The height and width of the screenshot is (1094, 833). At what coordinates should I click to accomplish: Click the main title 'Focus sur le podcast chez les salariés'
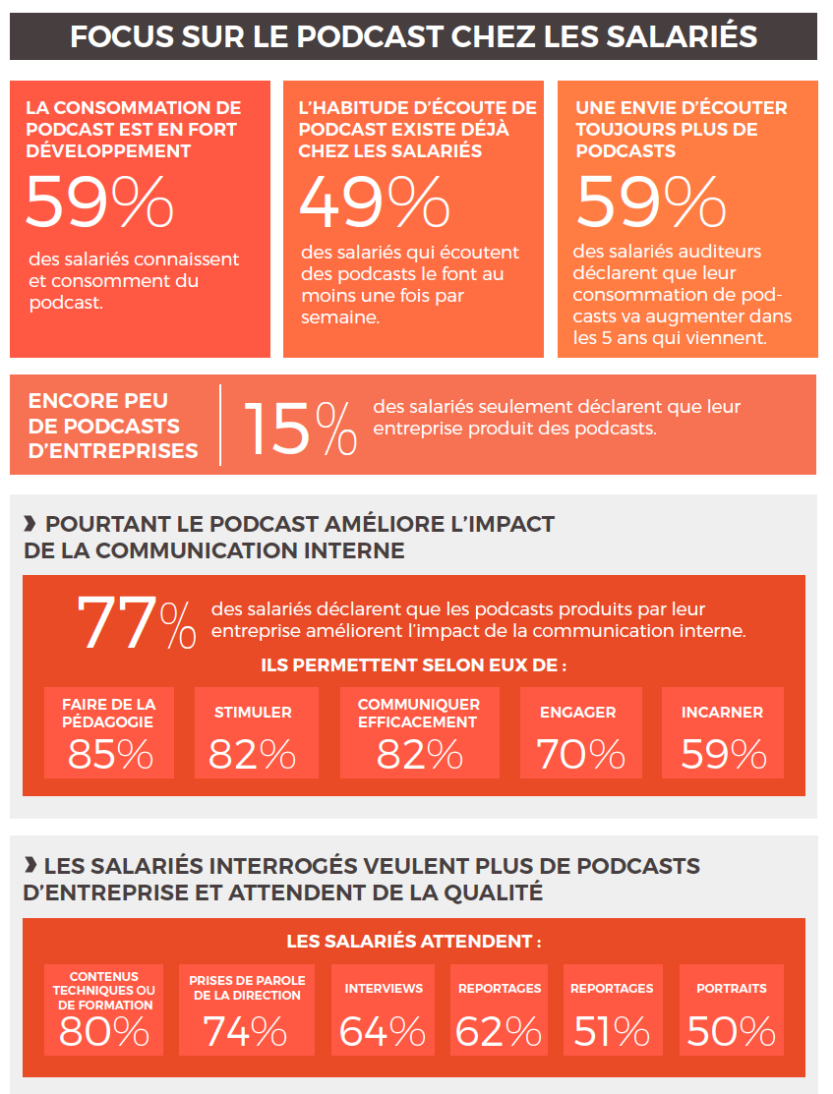coord(413,37)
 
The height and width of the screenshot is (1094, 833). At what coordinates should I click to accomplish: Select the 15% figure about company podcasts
coord(300,429)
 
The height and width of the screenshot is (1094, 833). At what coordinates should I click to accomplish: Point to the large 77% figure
coord(136,623)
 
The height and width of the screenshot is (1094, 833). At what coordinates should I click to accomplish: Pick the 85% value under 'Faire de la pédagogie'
coord(110,754)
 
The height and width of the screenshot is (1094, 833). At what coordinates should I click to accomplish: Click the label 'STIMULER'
coord(253,713)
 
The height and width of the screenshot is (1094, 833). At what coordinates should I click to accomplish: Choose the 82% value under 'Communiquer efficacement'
coord(419,754)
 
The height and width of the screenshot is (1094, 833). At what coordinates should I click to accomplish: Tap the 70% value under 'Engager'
coord(580,754)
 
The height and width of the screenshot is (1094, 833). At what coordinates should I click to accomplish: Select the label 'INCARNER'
coord(722,713)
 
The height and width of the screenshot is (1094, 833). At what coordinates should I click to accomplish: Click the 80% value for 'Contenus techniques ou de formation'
coord(104,1032)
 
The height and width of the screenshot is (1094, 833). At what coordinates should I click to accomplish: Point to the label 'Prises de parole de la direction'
coord(247,988)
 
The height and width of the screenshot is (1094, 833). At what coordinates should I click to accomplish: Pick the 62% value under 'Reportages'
coord(498,1032)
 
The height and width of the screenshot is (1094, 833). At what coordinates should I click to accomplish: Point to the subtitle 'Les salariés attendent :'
coord(413,942)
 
